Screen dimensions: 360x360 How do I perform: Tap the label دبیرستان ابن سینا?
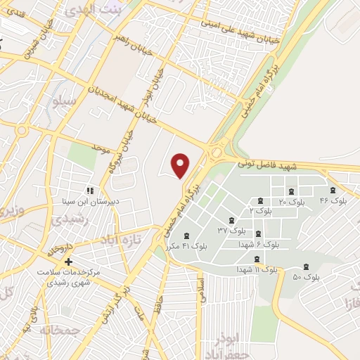pos(86,201)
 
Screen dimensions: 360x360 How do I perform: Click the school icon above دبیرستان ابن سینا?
pos(89,190)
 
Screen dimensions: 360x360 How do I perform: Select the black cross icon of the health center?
pos(67,262)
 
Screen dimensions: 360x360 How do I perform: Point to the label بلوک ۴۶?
pos(333,201)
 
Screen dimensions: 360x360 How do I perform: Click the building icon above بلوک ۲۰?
pos(291,191)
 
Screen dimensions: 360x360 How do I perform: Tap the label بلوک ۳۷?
pos(231,230)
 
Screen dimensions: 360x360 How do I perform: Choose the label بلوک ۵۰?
pos(306,277)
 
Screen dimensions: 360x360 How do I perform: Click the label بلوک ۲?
pos(260,212)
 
